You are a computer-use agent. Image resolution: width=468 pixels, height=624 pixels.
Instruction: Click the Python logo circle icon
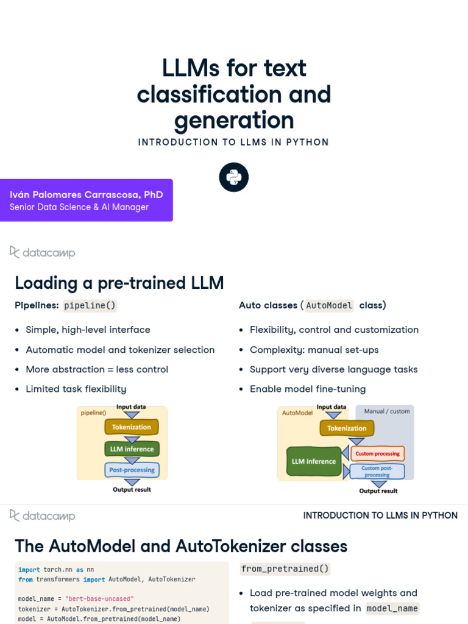pos(234,177)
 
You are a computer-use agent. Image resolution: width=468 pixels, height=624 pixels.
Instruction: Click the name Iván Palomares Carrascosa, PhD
pos(87,194)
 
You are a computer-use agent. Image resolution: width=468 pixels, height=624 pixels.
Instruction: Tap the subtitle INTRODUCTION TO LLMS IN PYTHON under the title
pos(233,142)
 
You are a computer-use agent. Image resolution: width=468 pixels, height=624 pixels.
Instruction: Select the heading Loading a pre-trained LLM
pos(119,283)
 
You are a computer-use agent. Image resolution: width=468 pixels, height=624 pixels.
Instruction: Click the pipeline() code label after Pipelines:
pos(90,306)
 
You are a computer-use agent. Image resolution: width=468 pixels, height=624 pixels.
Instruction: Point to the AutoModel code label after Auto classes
pos(329,306)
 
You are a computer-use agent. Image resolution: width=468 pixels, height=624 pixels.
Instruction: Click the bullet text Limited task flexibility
pos(76,389)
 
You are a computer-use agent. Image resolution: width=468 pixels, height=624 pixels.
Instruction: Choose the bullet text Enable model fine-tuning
pos(308,389)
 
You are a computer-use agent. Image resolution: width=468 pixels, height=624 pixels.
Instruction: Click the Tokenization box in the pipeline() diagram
pos(132,427)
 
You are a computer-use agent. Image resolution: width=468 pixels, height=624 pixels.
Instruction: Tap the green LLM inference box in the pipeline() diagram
pos(132,449)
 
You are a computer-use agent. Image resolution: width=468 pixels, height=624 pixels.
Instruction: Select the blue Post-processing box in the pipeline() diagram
pos(132,470)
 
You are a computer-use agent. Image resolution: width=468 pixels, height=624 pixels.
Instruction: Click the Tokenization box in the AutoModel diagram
pos(347,428)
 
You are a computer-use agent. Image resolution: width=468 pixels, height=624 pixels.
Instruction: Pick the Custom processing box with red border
pos(378,453)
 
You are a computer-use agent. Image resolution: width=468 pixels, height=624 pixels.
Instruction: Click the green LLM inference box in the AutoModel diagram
pos(313,461)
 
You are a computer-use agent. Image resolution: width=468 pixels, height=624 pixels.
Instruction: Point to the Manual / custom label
pos(387,411)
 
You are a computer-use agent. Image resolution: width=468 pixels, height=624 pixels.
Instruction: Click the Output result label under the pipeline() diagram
pos(132,489)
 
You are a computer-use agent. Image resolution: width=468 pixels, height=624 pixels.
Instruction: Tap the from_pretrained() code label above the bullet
pos(285,569)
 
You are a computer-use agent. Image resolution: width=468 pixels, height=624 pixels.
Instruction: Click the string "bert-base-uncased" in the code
pos(99,599)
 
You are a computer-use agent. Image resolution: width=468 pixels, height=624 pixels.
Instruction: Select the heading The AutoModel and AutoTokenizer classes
pos(181,546)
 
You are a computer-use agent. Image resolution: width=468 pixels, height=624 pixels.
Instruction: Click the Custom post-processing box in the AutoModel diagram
pos(378,472)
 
